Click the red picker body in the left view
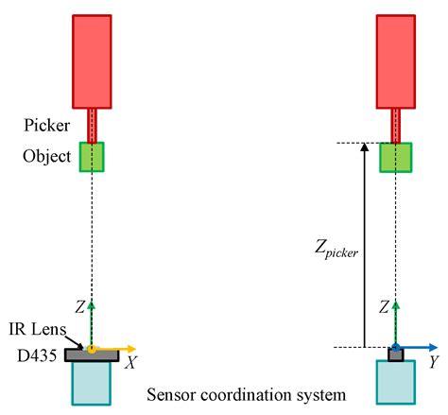92,61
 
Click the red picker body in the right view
396,61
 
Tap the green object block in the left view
92,157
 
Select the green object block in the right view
395,157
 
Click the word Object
47,156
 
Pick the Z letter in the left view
81,306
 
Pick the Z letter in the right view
385,306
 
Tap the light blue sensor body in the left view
91,384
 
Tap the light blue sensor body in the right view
395,384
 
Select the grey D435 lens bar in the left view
91,355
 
